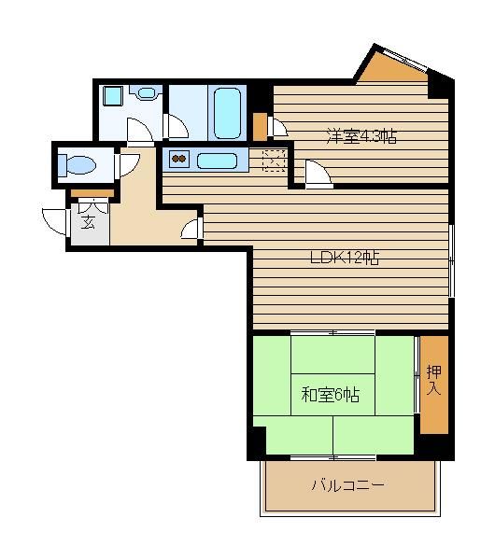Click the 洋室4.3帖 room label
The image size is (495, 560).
pos(361,136)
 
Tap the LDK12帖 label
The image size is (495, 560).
pos(345,258)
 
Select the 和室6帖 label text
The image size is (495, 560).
pos(331,395)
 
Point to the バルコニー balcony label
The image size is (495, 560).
pos(347,485)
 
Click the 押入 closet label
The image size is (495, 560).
pos(434,380)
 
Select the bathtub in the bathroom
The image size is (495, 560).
pos(227,113)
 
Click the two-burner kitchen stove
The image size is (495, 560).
pos(179,159)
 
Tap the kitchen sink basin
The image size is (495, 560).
pos(217,161)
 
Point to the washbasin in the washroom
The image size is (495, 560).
pos(146,93)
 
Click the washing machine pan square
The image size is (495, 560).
pos(113,96)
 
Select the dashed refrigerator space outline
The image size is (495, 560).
pos(274,161)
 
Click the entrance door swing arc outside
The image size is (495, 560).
pos(55,222)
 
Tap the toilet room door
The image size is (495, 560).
pos(127,165)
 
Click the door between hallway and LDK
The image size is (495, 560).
pos(192,229)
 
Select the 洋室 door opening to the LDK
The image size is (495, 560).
pos(318,175)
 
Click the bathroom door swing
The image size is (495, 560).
pos(176,126)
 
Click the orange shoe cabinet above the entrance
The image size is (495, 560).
pos(92,193)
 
